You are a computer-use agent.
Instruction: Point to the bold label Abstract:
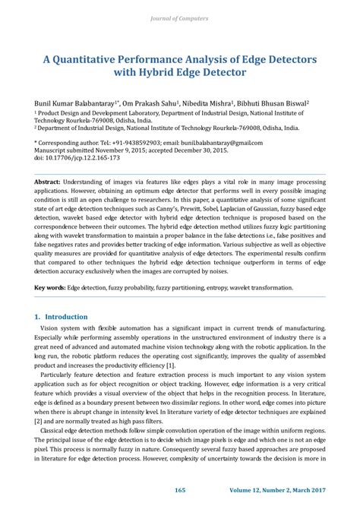click(x=50, y=184)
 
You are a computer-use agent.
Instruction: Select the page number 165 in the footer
click(x=180, y=490)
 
